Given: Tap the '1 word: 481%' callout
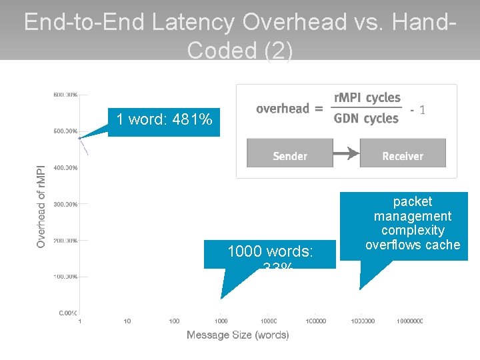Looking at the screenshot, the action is tap(164, 120).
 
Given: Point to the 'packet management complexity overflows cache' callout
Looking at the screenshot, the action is tap(413, 223).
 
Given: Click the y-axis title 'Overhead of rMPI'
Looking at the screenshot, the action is tap(41, 207).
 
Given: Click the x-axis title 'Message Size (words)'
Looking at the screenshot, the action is tap(238, 335).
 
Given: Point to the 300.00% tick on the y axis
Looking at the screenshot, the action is tap(65, 204).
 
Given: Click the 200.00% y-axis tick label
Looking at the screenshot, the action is tap(65, 240).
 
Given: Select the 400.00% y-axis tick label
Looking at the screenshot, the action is tap(65, 168).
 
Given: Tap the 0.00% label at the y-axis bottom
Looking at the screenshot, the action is tap(67, 313).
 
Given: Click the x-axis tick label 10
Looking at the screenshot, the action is tap(127, 321).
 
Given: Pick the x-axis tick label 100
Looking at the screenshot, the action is tap(174, 321).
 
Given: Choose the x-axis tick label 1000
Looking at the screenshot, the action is tap(221, 321).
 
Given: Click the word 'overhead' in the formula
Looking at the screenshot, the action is tap(283, 109).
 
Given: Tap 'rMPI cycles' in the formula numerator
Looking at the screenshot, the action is tap(367, 98).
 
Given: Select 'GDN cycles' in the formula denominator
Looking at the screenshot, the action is tap(366, 119).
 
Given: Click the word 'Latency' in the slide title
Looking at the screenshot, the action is tap(193, 23).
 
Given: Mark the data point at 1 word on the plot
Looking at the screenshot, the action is tap(80, 138).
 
